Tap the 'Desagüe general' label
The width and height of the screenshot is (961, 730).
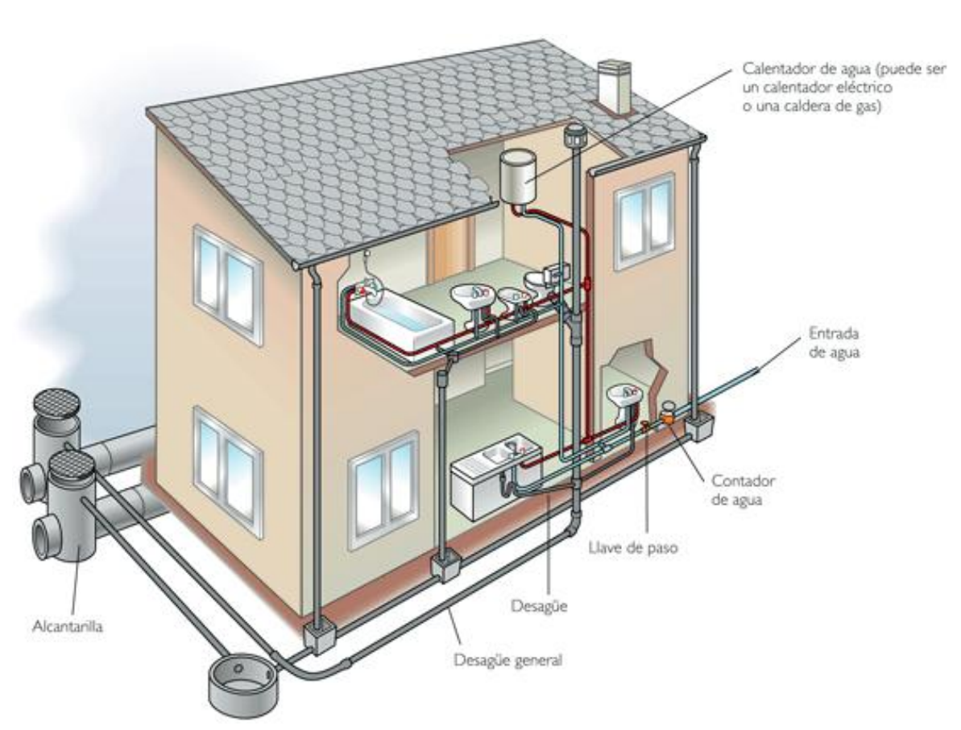tap(507, 661)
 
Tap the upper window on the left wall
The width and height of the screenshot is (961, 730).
tap(228, 283)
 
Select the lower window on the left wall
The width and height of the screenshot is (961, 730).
tap(229, 467)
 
